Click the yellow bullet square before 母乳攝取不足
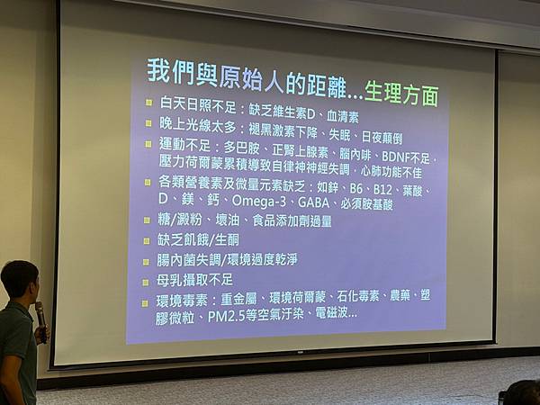coord(147,281)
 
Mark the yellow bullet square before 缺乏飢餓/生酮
coord(147,240)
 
